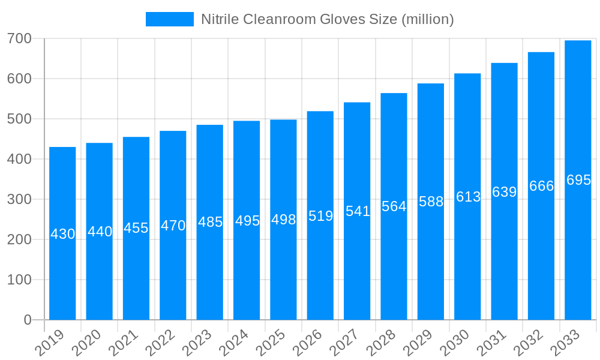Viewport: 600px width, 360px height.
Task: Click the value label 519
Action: click(x=320, y=216)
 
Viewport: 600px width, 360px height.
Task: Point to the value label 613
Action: click(x=468, y=197)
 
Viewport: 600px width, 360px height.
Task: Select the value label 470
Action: click(x=173, y=226)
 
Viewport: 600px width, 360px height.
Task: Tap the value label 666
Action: click(x=541, y=186)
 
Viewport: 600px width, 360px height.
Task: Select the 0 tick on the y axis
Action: click(x=28, y=320)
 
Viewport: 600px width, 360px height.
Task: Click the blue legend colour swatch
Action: click(x=170, y=19)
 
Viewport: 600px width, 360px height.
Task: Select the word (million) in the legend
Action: click(x=427, y=19)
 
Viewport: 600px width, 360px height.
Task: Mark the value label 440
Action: click(x=100, y=232)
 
